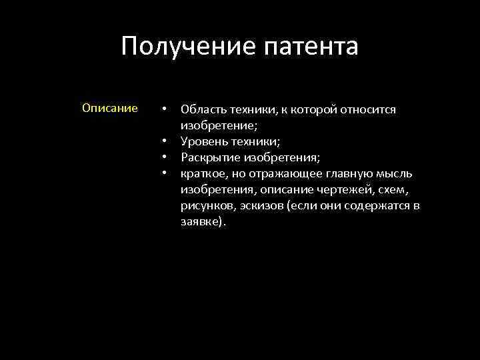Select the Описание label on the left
tap(110, 108)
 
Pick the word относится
tap(372, 109)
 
